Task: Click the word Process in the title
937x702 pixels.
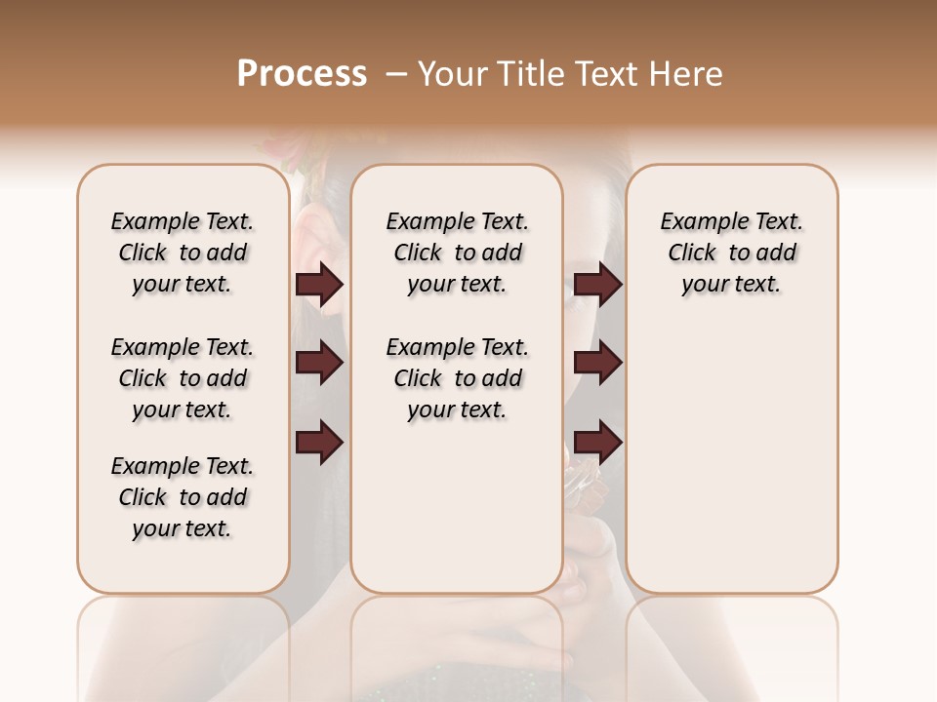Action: click(302, 74)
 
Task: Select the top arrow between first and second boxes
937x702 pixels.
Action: click(319, 284)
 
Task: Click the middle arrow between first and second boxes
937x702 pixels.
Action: click(319, 363)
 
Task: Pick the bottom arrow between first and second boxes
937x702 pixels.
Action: click(319, 442)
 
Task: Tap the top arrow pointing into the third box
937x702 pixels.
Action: click(597, 284)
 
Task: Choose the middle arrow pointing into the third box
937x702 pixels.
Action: click(597, 363)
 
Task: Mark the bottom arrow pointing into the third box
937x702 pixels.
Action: click(597, 442)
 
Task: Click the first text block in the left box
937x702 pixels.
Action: click(183, 253)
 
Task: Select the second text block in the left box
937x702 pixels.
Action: click(183, 378)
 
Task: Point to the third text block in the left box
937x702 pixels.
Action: click(183, 497)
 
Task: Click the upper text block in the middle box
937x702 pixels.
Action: click(457, 253)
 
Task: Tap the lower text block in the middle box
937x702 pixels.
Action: click(457, 378)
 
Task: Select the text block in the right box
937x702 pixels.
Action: click(732, 253)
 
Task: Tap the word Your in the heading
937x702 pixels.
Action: click(448, 74)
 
